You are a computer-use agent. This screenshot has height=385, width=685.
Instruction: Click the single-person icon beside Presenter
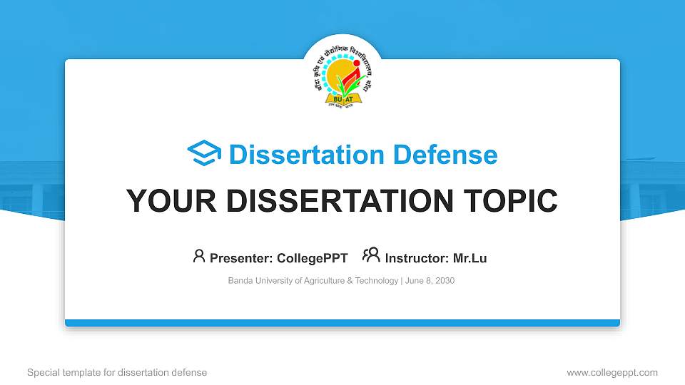pyautogui.click(x=199, y=256)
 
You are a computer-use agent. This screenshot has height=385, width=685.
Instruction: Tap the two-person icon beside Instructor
pyautogui.click(x=371, y=256)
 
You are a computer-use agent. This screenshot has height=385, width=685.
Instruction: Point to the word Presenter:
pyautogui.click(x=236, y=258)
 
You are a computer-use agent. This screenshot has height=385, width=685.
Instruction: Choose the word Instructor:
pyautogui.click(x=416, y=258)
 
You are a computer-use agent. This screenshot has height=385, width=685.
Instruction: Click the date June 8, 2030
pyautogui.click(x=430, y=281)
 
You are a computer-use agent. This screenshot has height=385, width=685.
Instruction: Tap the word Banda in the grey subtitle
pyautogui.click(x=240, y=281)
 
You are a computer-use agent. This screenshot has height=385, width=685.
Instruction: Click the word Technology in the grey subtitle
pyautogui.click(x=376, y=281)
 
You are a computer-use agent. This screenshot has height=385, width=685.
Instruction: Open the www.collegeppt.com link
pyautogui.click(x=612, y=372)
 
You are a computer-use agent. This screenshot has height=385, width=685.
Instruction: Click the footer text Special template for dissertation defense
pyautogui.click(x=117, y=372)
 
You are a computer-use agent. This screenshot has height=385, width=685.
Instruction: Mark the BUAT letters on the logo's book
pyautogui.click(x=343, y=98)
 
